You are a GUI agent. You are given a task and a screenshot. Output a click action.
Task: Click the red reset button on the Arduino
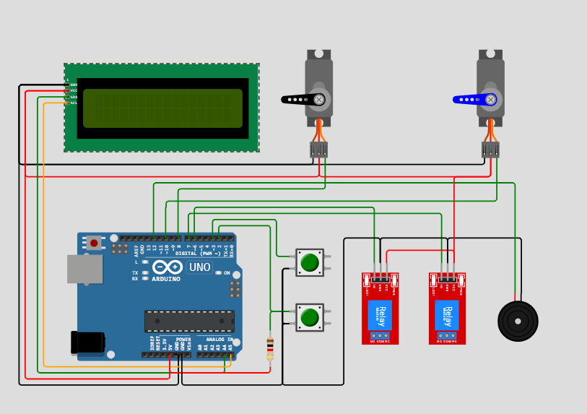click(94, 243)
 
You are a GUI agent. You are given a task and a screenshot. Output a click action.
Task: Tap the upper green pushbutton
click(310, 262)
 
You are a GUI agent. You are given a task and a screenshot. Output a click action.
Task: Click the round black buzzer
click(518, 321)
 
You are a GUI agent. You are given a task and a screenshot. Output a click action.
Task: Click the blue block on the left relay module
click(380, 315)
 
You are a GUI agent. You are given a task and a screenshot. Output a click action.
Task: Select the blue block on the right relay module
click(447, 315)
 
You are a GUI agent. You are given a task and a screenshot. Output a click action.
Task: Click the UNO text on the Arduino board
click(199, 267)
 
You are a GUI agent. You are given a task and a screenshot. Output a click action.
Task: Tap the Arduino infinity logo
click(168, 267)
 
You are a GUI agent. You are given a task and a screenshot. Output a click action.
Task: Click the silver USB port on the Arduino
click(84, 269)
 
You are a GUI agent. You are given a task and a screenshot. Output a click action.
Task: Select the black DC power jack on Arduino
click(87, 342)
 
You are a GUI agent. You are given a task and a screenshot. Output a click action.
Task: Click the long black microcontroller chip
click(189, 321)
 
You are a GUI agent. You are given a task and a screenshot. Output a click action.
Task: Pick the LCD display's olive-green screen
click(162, 108)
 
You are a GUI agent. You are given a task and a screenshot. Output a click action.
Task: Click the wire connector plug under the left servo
click(318, 150)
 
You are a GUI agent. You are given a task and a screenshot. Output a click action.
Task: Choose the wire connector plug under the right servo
click(490, 150)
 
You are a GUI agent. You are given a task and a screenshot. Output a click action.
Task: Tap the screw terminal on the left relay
click(380, 335)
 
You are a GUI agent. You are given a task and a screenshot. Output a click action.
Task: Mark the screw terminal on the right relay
click(447, 335)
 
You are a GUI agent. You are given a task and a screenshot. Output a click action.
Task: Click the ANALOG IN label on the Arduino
click(219, 339)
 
